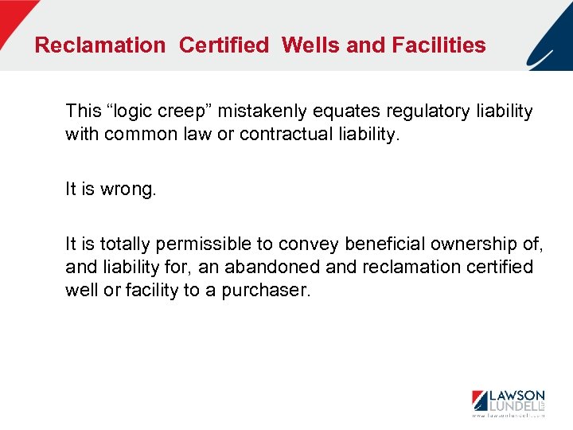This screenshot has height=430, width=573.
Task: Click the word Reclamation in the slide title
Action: pyautogui.click(x=99, y=45)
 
